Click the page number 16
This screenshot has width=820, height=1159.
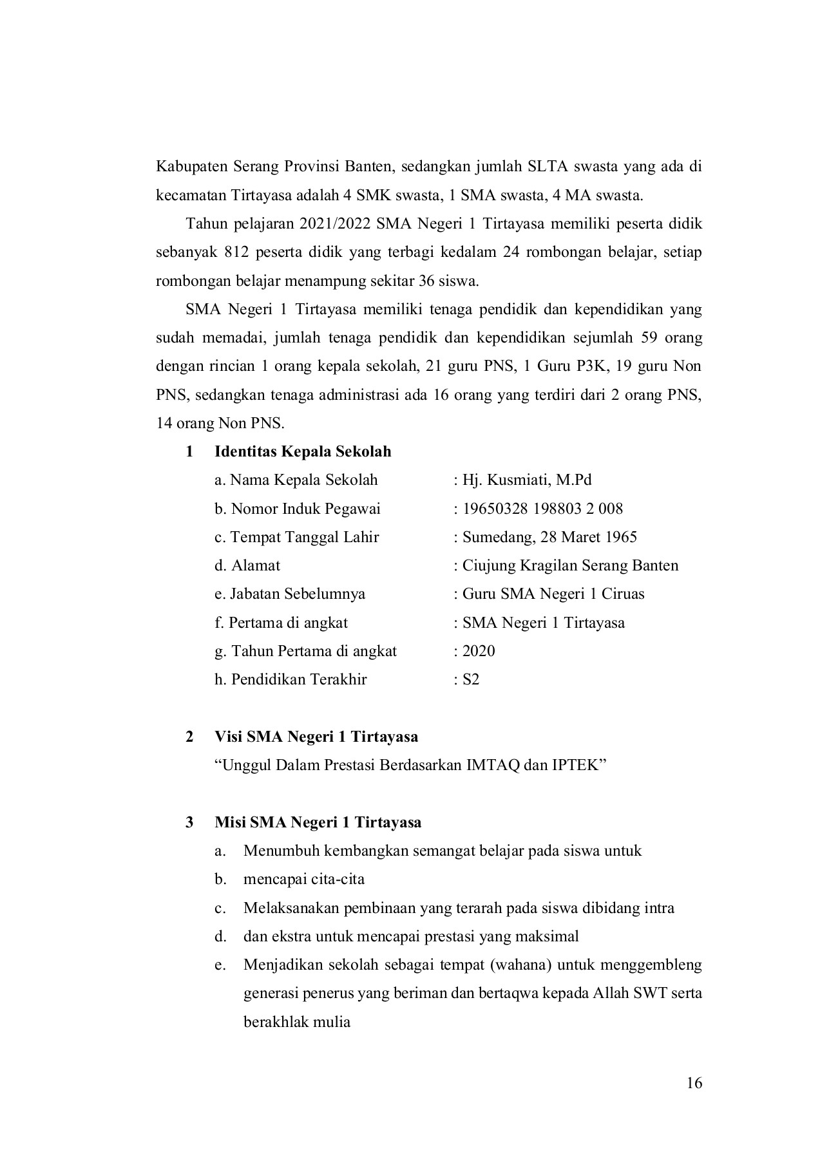[x=694, y=1083]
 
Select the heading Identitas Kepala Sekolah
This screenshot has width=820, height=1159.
[x=303, y=451]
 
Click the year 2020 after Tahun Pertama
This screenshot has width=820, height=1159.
[x=479, y=651]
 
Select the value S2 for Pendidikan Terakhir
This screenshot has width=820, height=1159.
[x=471, y=679]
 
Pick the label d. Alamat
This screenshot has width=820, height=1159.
[x=247, y=565]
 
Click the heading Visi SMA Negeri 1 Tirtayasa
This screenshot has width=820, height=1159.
[x=316, y=737]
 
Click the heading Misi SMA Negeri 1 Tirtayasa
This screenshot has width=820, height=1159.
[x=318, y=822]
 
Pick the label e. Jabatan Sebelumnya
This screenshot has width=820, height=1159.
[x=290, y=594]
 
